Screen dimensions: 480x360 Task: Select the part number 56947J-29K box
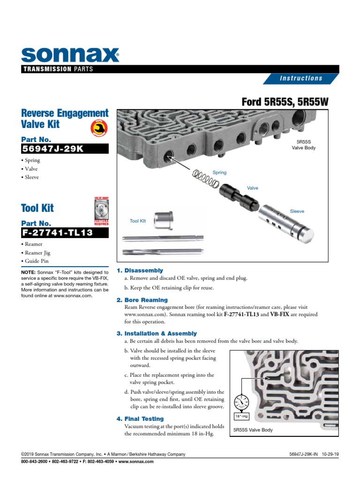[x=65, y=149]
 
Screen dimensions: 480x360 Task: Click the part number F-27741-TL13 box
[x=65, y=233]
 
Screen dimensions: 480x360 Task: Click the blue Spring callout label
[x=219, y=172]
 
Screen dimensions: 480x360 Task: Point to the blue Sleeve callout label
[x=297, y=211]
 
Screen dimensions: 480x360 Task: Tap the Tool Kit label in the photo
[x=138, y=221]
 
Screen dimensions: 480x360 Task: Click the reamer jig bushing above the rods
[x=164, y=219]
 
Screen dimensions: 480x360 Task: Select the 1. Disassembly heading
[x=140, y=270]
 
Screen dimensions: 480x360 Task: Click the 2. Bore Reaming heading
[x=142, y=300]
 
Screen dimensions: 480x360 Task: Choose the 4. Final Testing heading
[x=140, y=419]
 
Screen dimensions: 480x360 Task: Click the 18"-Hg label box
[x=240, y=416]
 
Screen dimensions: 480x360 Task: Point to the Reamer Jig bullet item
[x=37, y=253]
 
